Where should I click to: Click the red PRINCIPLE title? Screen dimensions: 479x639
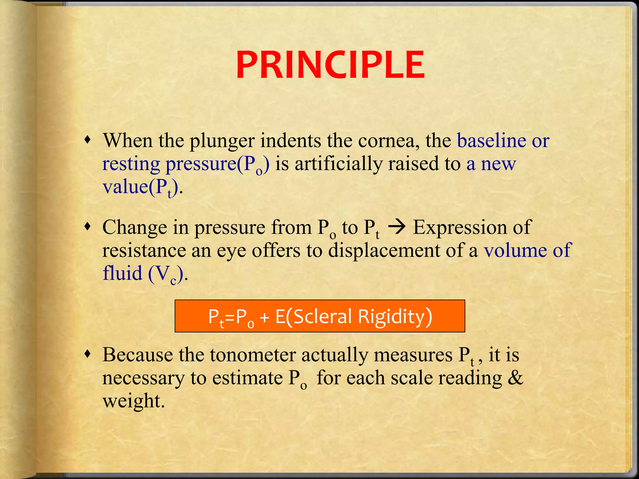click(330, 65)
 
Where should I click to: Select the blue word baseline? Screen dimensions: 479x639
click(491, 141)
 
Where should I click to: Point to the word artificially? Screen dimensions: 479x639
click(339, 164)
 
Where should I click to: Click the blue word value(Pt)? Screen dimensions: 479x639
click(140, 187)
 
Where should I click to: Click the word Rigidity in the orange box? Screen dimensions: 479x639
click(395, 317)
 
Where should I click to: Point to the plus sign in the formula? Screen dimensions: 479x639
click(264, 317)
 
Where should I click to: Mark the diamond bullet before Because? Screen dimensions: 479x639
click(89, 354)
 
